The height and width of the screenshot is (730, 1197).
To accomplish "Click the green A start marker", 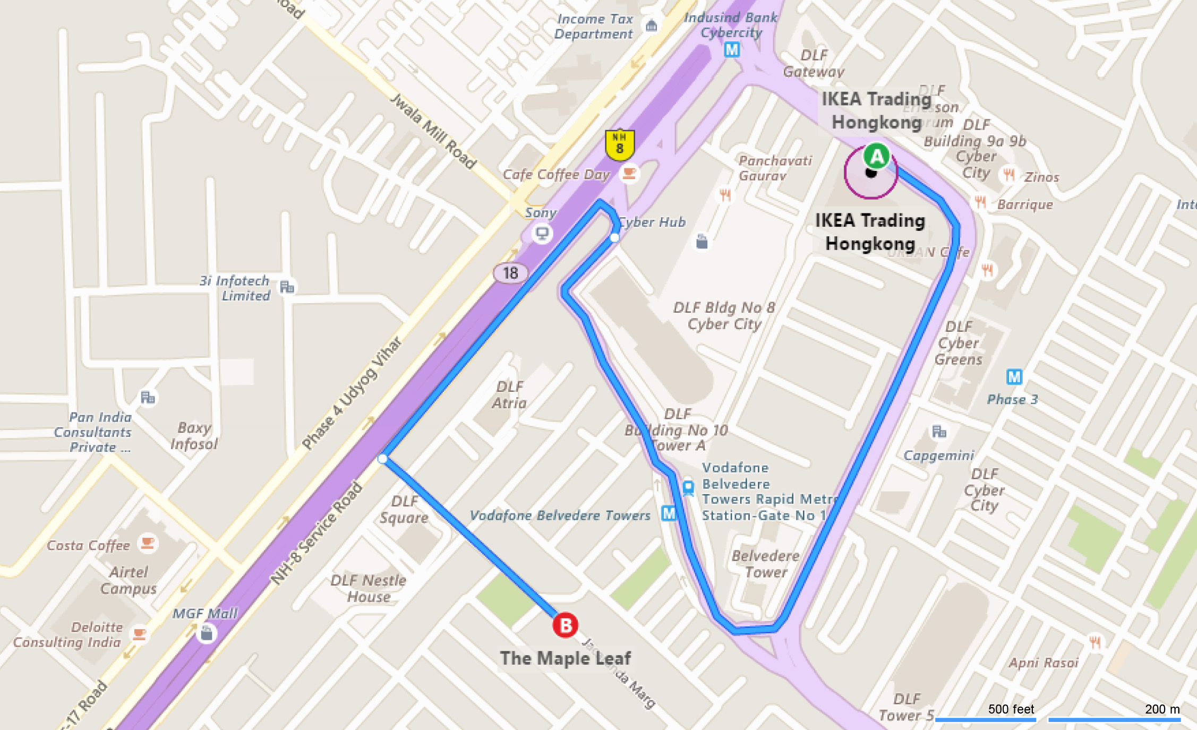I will tap(876, 157).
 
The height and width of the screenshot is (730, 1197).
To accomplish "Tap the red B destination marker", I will tap(565, 625).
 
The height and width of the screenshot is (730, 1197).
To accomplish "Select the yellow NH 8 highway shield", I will tap(619, 144).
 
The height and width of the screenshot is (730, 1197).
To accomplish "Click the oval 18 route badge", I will tap(510, 273).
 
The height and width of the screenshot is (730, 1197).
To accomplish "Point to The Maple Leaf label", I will tap(565, 658).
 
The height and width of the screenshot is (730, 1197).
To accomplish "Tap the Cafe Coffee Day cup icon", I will tap(629, 174).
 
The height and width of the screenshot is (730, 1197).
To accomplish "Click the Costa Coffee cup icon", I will tap(147, 543).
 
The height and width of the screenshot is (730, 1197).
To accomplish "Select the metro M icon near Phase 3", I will tap(1014, 377).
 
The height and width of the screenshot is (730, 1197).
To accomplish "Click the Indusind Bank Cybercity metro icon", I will tap(732, 50).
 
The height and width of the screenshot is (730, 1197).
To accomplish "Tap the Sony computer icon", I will tap(542, 233).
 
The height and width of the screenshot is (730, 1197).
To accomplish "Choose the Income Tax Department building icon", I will tap(651, 25).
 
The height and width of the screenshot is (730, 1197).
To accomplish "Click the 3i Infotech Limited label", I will tap(235, 288).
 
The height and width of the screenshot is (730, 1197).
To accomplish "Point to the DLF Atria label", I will tap(509, 394).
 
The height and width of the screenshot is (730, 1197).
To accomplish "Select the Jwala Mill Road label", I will tap(433, 131).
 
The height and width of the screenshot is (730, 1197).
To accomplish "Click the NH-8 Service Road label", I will tap(317, 534).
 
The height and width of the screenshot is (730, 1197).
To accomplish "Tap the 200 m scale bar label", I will tap(1162, 709).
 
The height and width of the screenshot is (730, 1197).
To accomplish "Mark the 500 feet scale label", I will tap(1011, 709).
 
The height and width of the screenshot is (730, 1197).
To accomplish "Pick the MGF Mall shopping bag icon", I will tap(207, 633).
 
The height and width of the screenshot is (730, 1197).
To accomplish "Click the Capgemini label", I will tap(938, 456).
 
